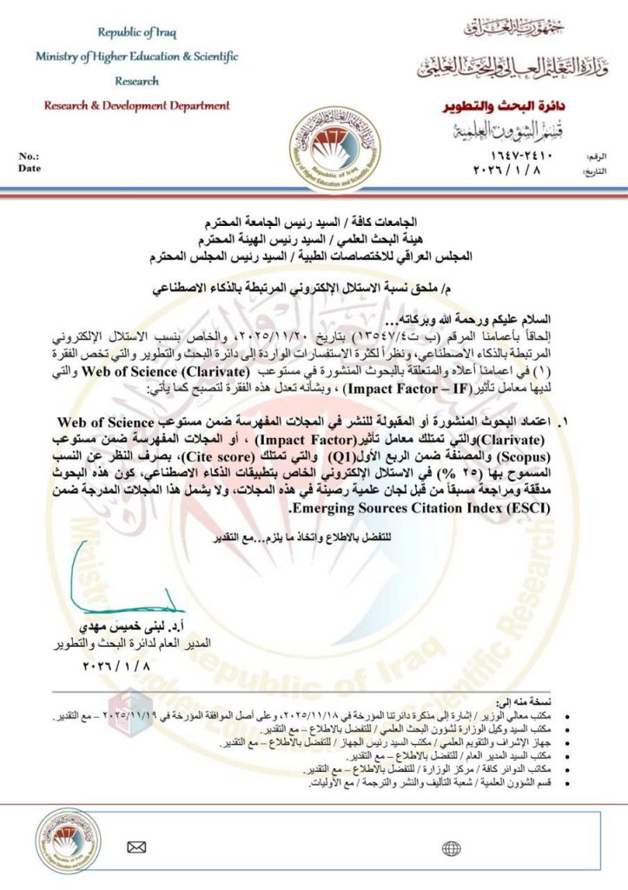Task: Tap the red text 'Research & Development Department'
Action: coord(137,106)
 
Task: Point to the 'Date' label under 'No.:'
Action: coord(30,169)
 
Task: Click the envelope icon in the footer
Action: coord(136,848)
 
